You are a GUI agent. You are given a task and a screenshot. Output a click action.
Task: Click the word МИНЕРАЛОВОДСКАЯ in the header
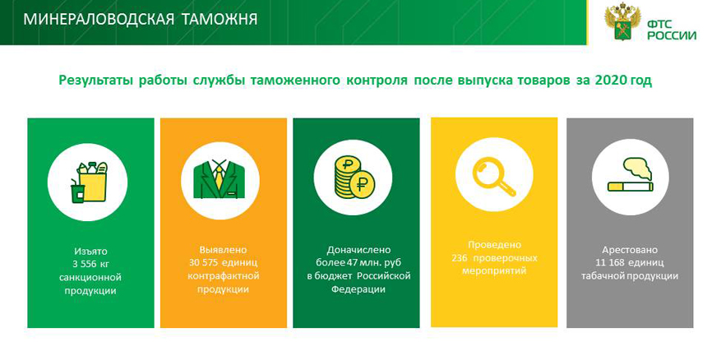99,19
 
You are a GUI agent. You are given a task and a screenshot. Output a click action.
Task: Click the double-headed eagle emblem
622,22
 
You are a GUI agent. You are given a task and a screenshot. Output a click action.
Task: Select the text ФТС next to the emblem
659,25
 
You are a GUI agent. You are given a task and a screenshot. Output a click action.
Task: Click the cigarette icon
631,187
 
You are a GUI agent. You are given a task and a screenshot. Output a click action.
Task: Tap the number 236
460,258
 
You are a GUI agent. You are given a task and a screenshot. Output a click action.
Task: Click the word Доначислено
358,250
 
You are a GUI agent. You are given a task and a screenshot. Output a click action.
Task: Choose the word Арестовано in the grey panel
630,250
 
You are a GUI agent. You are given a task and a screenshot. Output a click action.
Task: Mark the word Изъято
90,251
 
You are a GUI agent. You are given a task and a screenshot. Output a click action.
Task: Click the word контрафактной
223,276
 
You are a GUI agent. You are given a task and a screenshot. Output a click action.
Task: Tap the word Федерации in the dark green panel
358,289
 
